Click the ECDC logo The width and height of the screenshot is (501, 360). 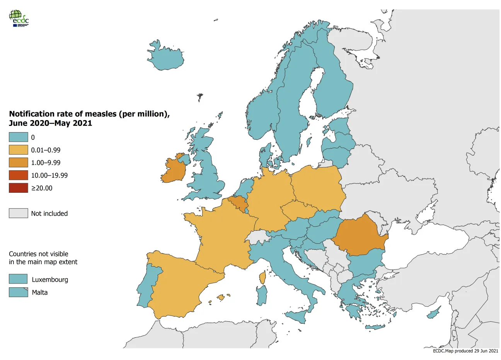19,18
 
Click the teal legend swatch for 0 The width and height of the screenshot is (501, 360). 19,137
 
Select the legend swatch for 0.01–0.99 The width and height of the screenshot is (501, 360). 19,150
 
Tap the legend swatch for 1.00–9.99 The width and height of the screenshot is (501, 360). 19,163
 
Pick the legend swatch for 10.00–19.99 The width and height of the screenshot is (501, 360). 19,175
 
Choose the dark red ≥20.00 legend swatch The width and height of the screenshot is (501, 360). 19,188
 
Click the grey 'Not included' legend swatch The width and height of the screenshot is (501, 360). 19,213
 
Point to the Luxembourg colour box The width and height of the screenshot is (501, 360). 18,279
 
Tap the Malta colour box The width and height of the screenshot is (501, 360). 18,292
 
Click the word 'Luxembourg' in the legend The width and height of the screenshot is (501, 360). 50,280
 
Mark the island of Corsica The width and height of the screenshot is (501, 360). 263,277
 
